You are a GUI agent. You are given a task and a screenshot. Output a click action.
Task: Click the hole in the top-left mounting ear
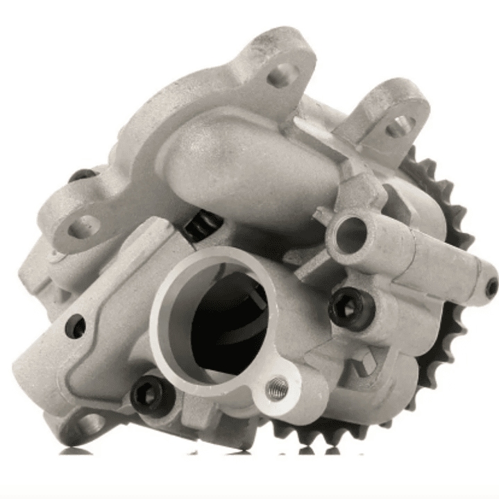pyautogui.click(x=280, y=74)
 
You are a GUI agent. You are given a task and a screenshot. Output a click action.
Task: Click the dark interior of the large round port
pyautogui.click(x=221, y=326)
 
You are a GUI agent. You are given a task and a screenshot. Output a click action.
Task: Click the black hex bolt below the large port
pyautogui.click(x=150, y=394)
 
